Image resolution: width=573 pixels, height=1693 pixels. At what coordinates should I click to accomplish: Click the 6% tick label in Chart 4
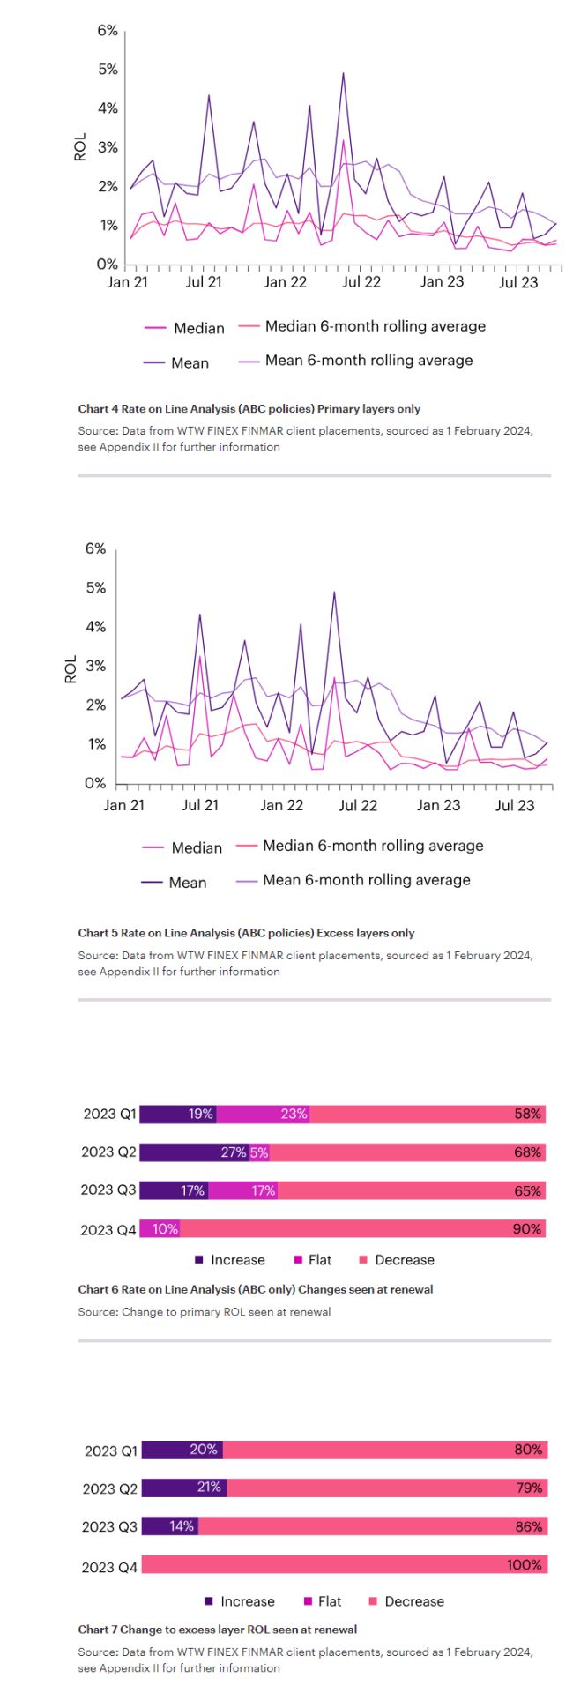click(108, 31)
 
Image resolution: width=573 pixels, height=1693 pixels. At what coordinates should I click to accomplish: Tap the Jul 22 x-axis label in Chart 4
click(361, 282)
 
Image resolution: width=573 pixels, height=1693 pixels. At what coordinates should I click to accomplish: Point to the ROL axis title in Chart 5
click(71, 669)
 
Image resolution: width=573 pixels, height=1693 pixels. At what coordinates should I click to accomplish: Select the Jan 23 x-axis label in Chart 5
click(438, 805)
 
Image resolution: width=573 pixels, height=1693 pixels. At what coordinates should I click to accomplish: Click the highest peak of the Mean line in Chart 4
click(343, 74)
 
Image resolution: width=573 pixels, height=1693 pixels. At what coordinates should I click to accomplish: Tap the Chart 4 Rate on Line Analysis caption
click(249, 409)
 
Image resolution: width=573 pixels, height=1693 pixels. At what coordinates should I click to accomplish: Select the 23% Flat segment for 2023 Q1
click(264, 1115)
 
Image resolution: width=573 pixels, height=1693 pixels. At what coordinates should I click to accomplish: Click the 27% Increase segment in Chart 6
click(194, 1152)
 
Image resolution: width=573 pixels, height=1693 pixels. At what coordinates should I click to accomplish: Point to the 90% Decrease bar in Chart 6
click(362, 1229)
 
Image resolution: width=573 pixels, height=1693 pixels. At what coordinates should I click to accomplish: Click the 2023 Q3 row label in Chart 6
click(108, 1190)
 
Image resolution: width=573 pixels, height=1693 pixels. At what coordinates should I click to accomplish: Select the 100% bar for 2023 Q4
click(344, 1565)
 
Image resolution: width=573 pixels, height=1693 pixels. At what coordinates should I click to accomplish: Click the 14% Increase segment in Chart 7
click(169, 1526)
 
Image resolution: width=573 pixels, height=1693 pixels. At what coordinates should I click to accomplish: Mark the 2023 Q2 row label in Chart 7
click(110, 1489)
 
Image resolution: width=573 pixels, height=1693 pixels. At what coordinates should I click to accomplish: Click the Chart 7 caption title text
click(217, 1630)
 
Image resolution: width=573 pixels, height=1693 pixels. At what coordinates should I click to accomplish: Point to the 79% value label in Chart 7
click(529, 1488)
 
